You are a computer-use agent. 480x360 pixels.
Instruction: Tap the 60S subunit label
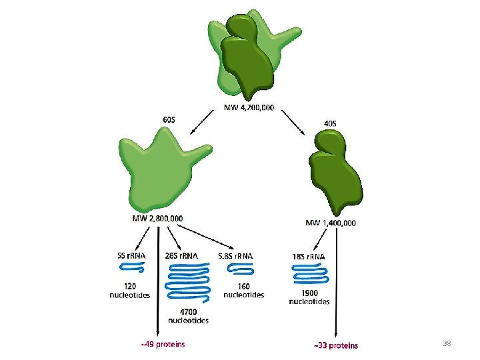coord(169,119)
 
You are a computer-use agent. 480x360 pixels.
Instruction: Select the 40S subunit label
coord(329,123)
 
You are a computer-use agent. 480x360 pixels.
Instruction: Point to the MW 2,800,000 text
coord(157,218)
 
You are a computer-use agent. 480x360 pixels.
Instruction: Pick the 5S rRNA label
coord(129,255)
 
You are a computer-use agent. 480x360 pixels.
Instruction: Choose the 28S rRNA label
coord(181,255)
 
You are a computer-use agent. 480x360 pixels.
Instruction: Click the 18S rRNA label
coord(309,255)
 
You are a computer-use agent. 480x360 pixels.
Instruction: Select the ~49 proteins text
coord(163,344)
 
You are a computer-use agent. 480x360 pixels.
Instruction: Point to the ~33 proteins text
coord(335,345)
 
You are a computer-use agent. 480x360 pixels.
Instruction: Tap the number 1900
coord(309,292)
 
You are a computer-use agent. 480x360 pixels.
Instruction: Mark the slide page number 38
coord(447,343)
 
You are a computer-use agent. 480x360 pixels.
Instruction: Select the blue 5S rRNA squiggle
coord(131,268)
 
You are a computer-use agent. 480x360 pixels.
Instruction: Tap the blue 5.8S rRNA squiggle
coord(240,269)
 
